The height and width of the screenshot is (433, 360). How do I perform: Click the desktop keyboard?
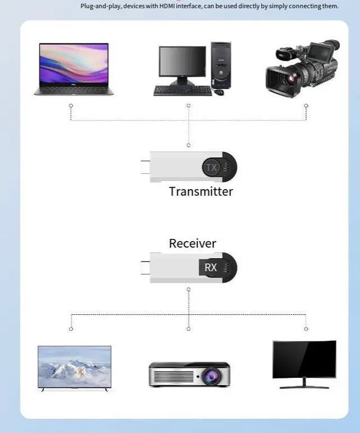tap(182, 90)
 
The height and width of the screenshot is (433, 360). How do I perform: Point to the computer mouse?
tap(218, 91)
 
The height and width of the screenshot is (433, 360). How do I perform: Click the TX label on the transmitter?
tap(211, 168)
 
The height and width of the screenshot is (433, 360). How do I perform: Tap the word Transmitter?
tap(201, 191)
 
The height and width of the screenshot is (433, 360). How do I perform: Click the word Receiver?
tap(192, 243)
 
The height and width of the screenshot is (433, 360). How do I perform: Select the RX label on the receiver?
tap(210, 267)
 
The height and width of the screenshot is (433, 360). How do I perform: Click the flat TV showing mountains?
tap(74, 367)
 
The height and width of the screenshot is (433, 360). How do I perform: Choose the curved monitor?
tap(304, 362)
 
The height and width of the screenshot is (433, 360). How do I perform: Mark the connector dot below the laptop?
tap(71, 105)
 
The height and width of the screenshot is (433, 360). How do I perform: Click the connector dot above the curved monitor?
tap(306, 328)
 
